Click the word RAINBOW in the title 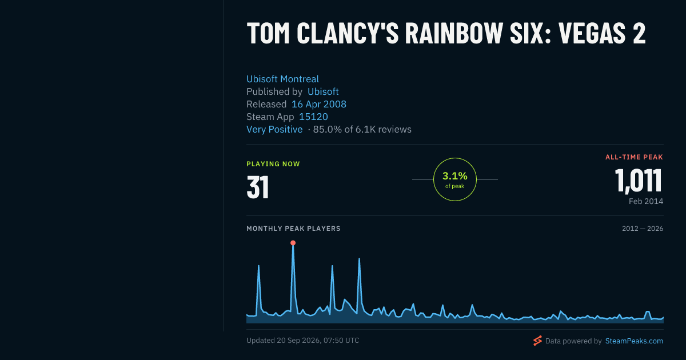point(453,33)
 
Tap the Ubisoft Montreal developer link point(282,79)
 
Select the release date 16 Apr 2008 point(319,104)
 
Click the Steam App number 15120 point(313,117)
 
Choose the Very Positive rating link point(274,129)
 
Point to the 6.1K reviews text point(383,129)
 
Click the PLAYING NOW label point(273,164)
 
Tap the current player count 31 point(258,187)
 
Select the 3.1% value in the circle point(455,176)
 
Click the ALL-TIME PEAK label point(634,157)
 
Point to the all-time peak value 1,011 point(639,181)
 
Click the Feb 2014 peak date point(646,201)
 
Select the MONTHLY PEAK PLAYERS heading point(293,229)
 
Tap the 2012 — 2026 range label point(643,229)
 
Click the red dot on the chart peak point(293,243)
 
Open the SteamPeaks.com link point(634,341)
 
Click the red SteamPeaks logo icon point(537,341)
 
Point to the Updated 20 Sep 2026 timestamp point(302,341)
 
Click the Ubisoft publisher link point(323,91)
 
